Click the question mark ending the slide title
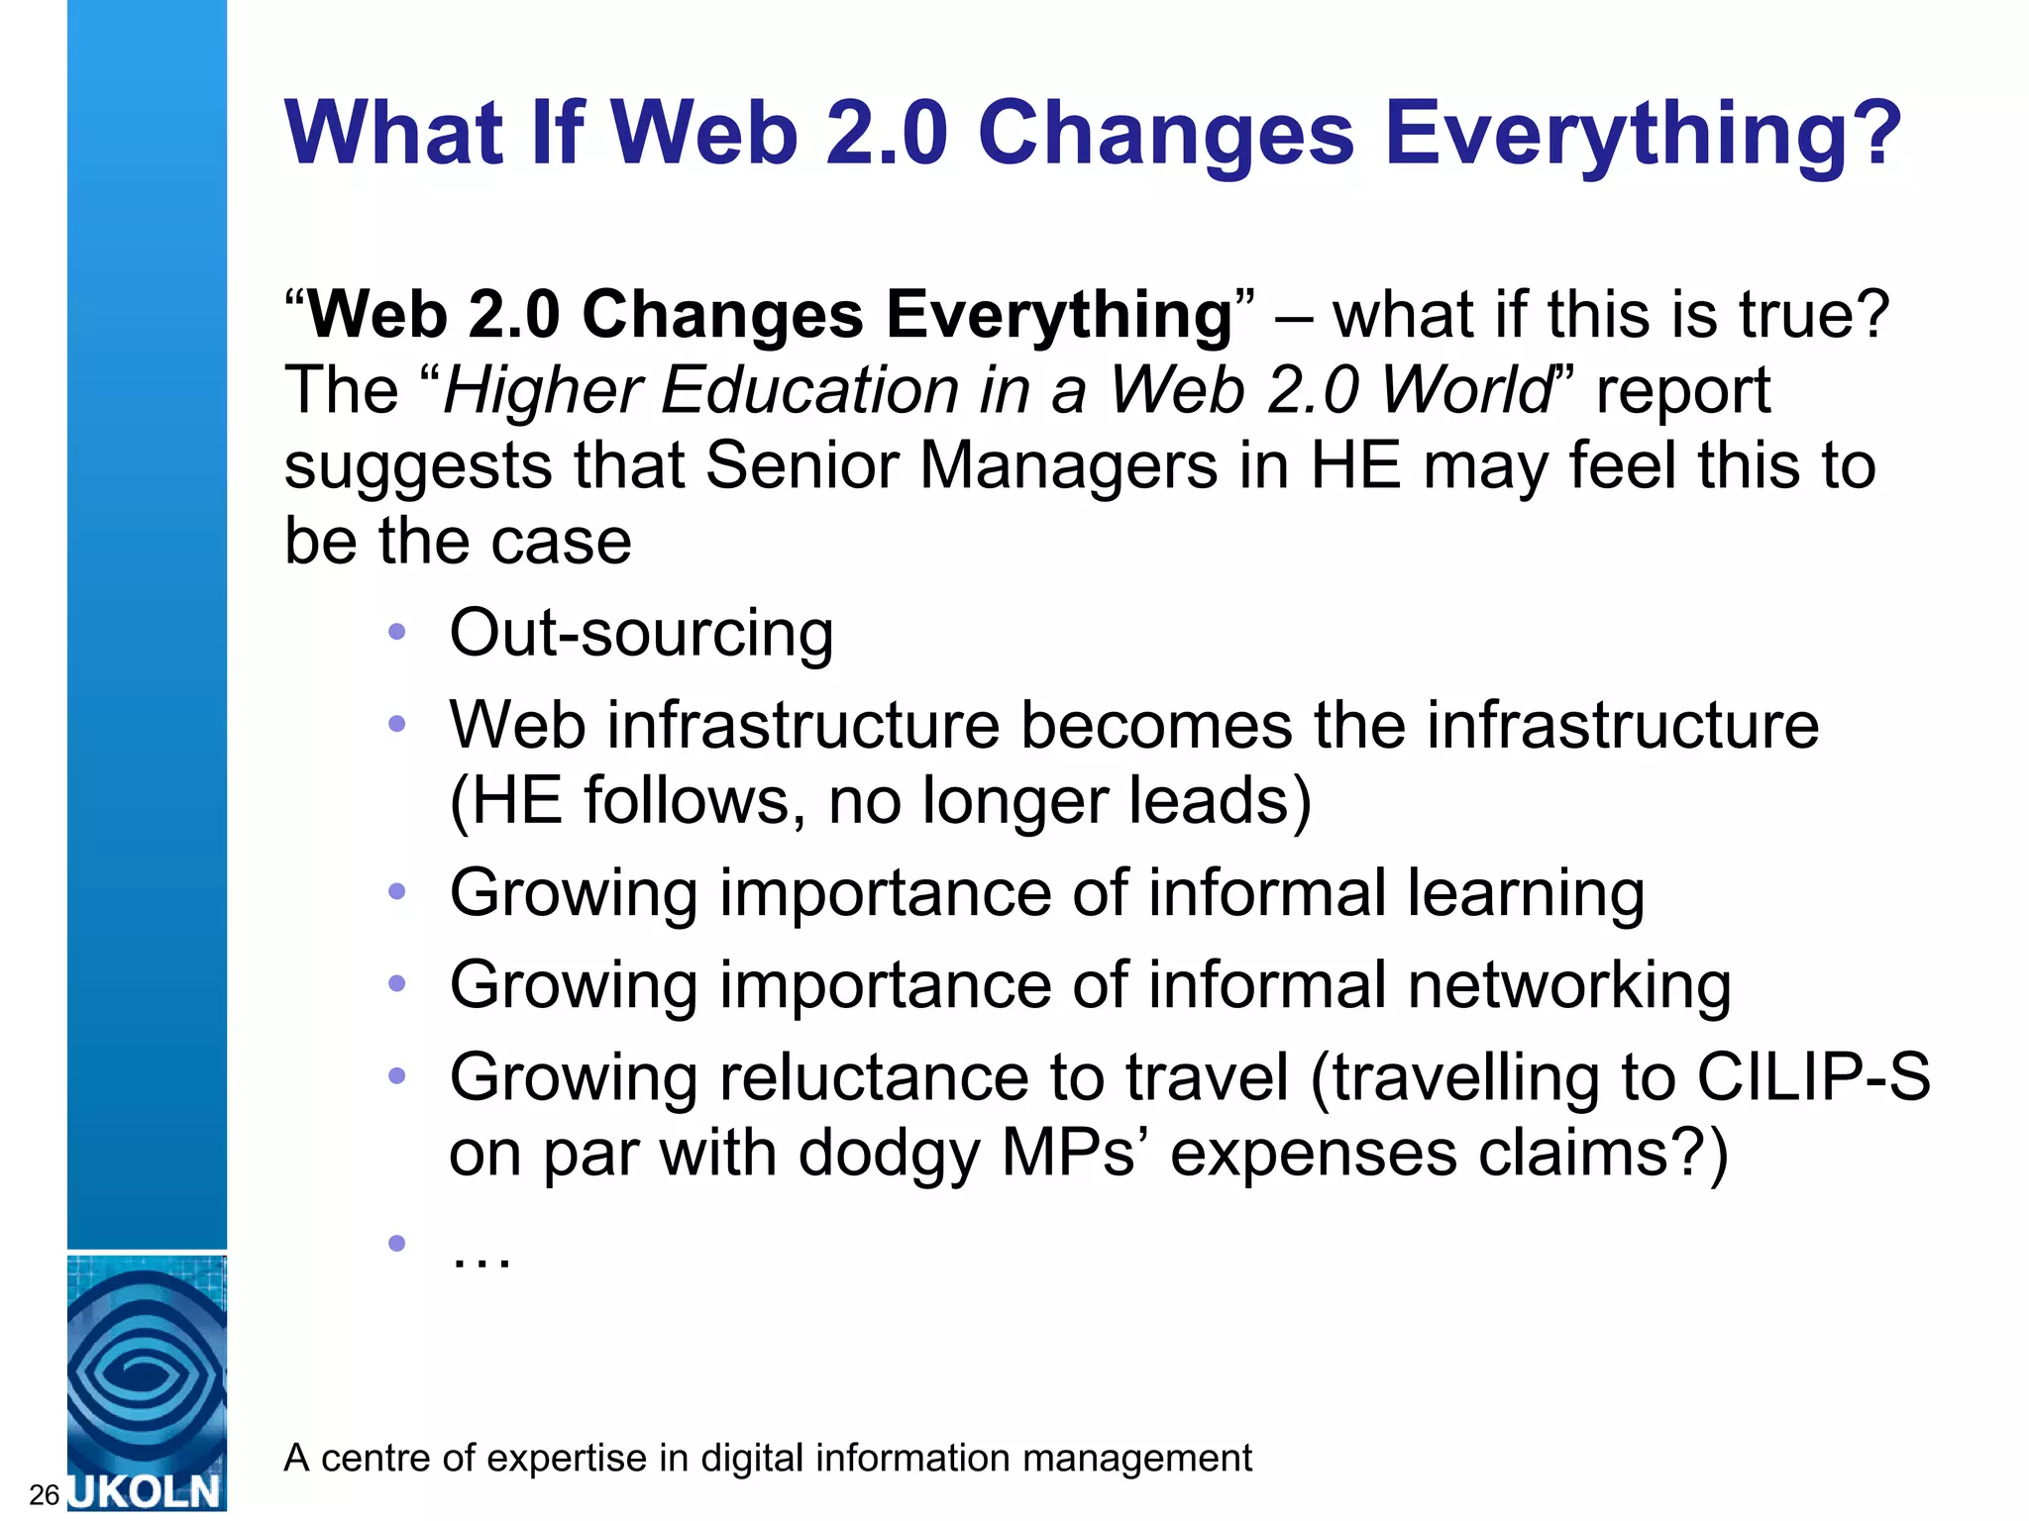(x=1869, y=134)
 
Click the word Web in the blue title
(x=704, y=134)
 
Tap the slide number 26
(x=44, y=1494)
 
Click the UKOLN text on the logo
(x=147, y=1491)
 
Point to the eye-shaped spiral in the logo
(x=147, y=1371)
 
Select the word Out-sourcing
(x=641, y=634)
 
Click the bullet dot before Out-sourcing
(x=397, y=632)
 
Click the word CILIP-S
(x=1813, y=1077)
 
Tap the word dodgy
(x=888, y=1154)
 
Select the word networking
(x=1569, y=986)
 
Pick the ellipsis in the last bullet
(x=481, y=1257)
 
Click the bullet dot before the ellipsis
(x=397, y=1243)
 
